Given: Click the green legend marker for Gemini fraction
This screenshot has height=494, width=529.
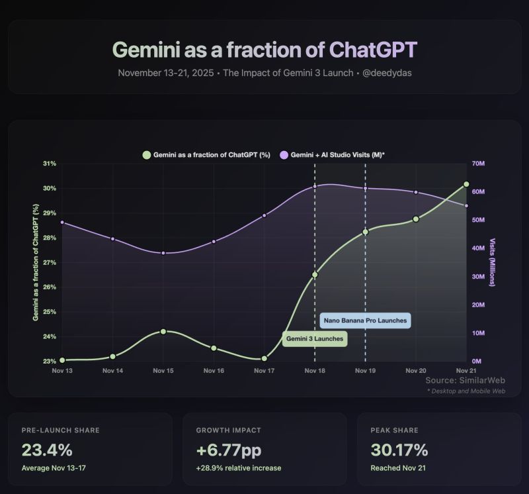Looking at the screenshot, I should [146, 155].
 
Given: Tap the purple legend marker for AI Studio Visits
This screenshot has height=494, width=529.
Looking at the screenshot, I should [284, 155].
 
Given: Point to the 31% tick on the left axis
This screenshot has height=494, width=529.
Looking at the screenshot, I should [49, 164].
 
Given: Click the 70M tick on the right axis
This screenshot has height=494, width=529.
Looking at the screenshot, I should [478, 164].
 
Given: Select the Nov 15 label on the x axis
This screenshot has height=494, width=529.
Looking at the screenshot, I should [163, 371].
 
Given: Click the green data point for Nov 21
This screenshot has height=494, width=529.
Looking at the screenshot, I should [466, 184].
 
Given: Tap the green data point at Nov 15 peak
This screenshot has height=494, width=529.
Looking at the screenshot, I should [163, 331].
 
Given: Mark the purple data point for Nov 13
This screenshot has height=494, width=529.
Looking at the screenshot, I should [62, 222].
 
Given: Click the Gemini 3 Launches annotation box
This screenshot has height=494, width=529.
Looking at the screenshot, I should [315, 338].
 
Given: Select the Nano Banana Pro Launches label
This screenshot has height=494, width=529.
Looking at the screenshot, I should [365, 321].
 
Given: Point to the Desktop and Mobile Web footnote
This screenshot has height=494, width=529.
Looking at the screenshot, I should [466, 391].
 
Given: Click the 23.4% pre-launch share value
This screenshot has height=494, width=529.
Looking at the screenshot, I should [47, 450].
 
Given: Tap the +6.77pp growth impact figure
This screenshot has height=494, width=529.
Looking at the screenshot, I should [229, 450].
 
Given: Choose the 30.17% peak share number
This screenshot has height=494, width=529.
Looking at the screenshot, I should [399, 450].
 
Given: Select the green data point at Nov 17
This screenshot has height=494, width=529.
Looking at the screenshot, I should [264, 358].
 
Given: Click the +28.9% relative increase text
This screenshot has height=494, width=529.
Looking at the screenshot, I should [239, 468].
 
